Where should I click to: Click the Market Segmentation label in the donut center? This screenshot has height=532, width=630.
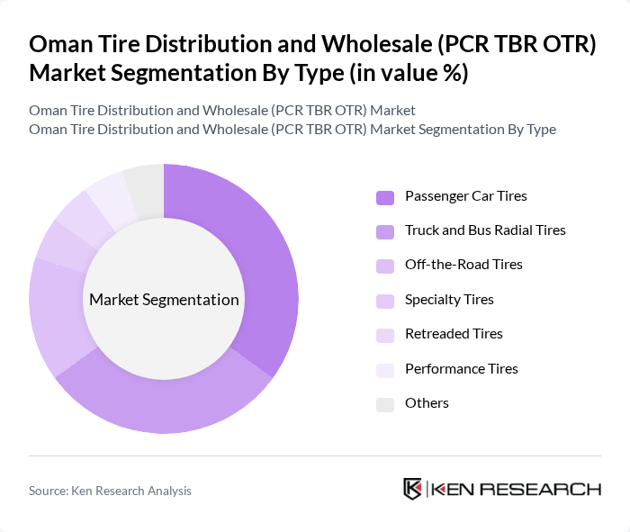(164, 300)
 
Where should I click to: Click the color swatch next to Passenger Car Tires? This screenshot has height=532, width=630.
(385, 196)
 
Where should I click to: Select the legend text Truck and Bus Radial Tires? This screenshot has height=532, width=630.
(485, 230)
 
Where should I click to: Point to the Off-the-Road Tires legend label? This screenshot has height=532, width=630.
(463, 265)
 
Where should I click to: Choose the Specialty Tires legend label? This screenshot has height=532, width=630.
(449, 300)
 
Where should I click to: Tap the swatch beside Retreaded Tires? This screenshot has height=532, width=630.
(385, 335)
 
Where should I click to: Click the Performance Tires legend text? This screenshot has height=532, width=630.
(461, 369)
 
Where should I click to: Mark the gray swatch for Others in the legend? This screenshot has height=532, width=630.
(385, 404)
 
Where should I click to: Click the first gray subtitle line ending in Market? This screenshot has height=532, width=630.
(221, 111)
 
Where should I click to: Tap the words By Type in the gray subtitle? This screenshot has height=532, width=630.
(529, 130)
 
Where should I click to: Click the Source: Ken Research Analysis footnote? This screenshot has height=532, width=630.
(110, 491)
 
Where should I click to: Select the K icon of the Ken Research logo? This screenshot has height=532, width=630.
(413, 489)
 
